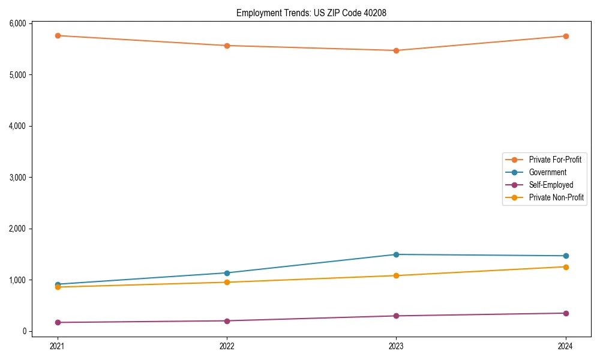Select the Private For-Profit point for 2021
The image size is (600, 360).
pos(58,35)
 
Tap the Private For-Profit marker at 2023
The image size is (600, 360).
pos(396,50)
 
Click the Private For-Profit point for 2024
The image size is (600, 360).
pos(566,36)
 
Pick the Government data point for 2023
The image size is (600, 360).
pos(396,254)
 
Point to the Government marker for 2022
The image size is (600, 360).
pos(227,273)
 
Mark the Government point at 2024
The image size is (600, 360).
pos(566,256)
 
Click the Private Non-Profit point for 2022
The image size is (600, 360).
pos(227,282)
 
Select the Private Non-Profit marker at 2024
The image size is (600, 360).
pos(566,267)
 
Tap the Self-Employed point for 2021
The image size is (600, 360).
pos(58,322)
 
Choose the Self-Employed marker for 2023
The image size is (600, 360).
pos(396,316)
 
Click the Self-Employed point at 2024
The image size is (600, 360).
pos(566,313)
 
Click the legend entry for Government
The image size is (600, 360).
pos(547,172)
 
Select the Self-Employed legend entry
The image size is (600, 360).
pos(551,185)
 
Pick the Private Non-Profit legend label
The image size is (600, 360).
pos(556,197)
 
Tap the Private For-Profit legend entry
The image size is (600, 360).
pos(555,160)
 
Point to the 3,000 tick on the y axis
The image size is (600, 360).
pos(17,178)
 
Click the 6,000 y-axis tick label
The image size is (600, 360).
pos(17,23)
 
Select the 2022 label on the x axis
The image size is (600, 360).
pos(227,346)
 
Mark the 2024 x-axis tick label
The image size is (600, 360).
pos(566,346)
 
